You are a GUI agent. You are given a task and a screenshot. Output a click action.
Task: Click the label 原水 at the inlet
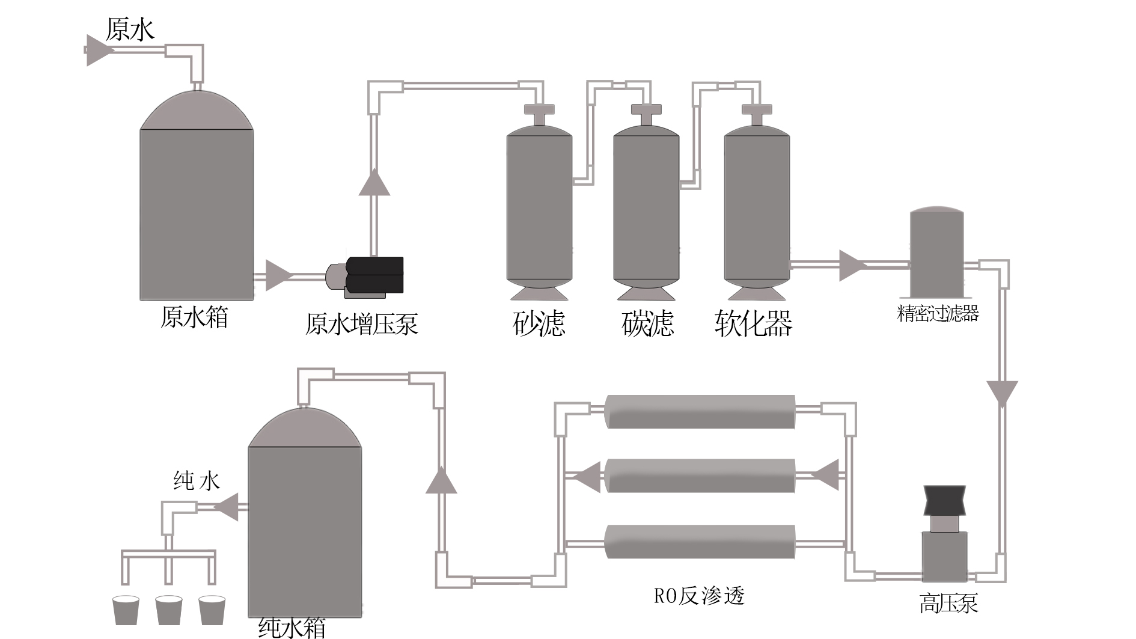(130, 29)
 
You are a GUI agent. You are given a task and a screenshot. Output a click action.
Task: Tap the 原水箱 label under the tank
(194, 317)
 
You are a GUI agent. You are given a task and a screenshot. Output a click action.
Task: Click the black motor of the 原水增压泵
(375, 275)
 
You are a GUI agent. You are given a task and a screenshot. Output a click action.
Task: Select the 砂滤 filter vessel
(539, 207)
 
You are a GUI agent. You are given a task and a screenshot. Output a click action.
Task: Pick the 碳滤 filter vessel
(646, 207)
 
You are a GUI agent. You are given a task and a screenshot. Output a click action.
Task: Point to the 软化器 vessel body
(756, 207)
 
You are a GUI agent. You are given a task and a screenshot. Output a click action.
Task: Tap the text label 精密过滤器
(938, 313)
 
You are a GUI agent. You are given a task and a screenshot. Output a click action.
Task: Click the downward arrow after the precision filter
(1002, 393)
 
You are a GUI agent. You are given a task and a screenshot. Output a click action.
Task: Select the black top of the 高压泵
(945, 501)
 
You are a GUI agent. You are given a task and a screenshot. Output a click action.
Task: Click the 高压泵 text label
(948, 603)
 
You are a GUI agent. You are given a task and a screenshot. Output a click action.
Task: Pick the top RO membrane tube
(700, 411)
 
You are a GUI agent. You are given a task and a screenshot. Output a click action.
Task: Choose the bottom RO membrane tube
(700, 541)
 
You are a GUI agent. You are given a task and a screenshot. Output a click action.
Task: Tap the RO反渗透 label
(699, 596)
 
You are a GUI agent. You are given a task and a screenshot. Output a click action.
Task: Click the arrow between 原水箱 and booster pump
(277, 275)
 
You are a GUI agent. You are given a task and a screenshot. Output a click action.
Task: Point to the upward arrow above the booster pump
(374, 183)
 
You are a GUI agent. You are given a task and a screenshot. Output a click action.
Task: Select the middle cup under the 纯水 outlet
(169, 610)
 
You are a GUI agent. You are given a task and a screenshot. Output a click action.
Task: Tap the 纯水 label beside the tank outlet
(197, 481)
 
